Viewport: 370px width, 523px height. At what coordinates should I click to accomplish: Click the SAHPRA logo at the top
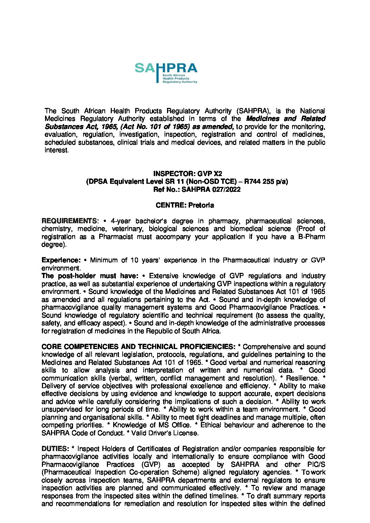tap(166, 73)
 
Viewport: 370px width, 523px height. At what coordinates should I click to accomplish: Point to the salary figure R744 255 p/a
tap(266, 181)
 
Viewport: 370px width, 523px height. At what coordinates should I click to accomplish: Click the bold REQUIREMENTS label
tap(70, 221)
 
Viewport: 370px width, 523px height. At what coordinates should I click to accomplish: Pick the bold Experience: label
tap(61, 260)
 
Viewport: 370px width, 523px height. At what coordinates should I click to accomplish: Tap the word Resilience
tap(302, 378)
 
